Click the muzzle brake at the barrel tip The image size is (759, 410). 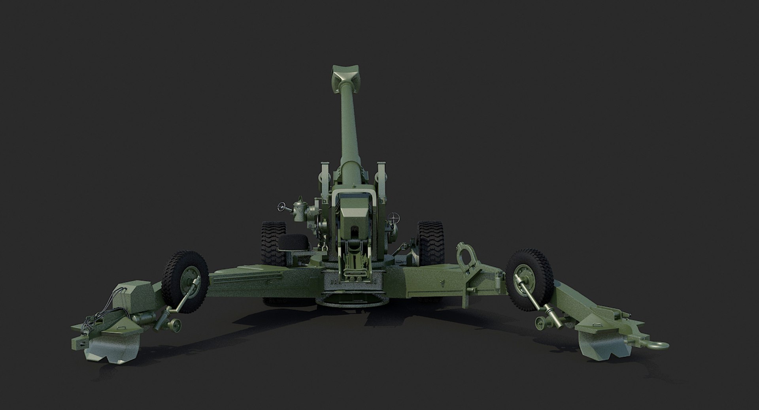pyautogui.click(x=342, y=75)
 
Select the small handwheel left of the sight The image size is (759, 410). pyautogui.click(x=281, y=206)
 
